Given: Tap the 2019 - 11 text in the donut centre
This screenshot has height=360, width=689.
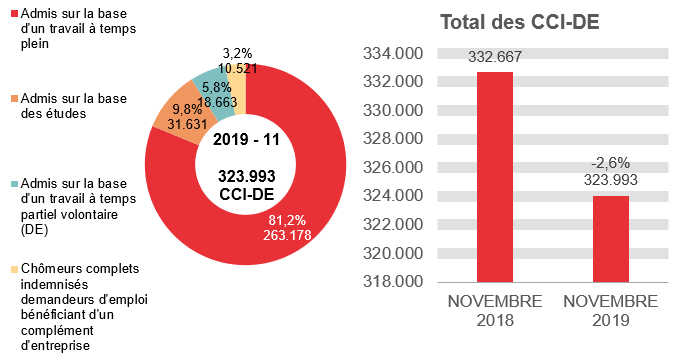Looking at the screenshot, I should point(246,139).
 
